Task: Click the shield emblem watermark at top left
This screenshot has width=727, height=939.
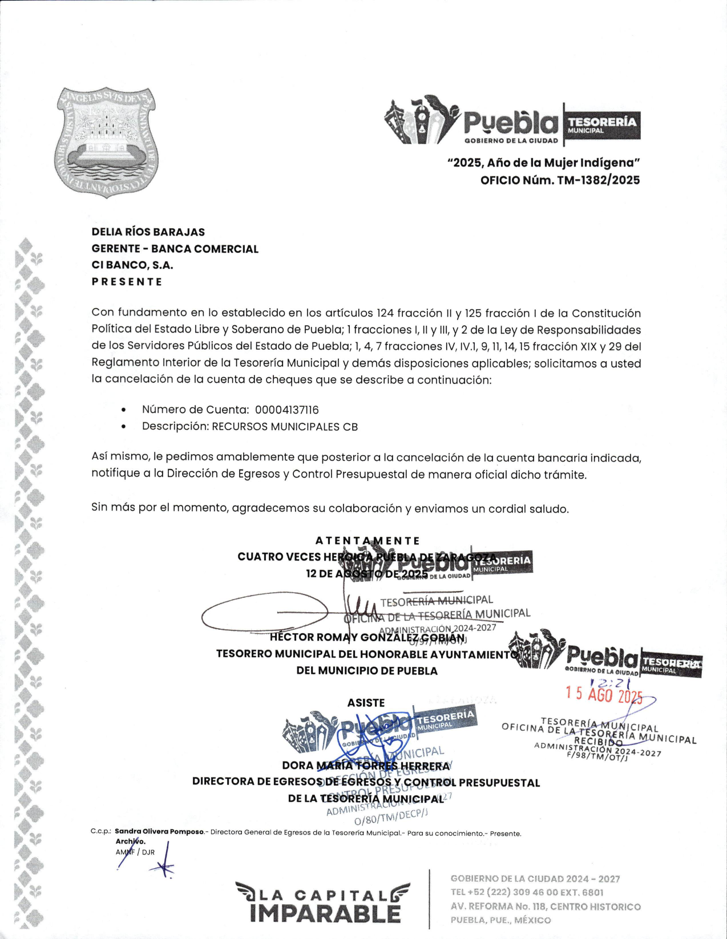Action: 106,143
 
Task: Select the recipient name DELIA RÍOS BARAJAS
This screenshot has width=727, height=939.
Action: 148,232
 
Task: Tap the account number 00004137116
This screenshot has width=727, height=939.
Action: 286,410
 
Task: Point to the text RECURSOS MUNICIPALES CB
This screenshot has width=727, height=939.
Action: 285,427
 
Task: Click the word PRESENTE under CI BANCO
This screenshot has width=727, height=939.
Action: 127,282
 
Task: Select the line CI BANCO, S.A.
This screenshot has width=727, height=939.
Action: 132,265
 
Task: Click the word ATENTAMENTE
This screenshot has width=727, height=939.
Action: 367,540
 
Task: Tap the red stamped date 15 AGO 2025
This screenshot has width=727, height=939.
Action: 604,694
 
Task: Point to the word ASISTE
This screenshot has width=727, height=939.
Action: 366,703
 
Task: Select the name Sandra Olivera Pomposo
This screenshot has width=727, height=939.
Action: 159,832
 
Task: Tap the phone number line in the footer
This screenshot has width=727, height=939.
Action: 527,892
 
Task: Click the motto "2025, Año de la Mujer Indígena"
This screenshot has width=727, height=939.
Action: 543,163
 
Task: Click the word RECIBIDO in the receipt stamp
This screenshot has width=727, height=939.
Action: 598,742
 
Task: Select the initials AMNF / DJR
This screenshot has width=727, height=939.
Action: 135,852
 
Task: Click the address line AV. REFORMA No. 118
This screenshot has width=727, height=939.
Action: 546,906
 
